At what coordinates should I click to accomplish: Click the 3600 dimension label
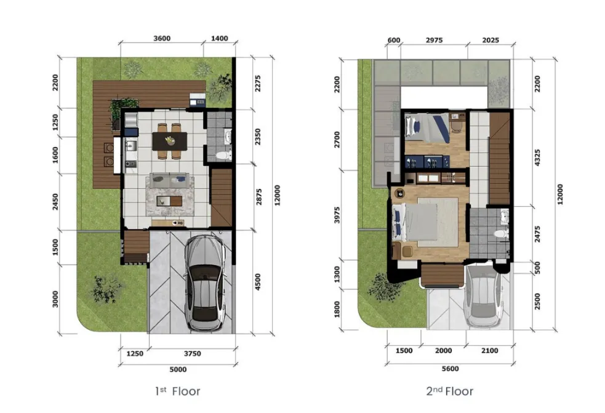(x=161, y=38)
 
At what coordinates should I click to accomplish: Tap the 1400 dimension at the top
(x=219, y=38)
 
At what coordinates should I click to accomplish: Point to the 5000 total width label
(x=178, y=369)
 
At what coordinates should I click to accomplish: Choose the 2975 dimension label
(x=434, y=41)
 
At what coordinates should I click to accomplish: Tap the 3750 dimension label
(x=191, y=353)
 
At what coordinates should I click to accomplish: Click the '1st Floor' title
(x=178, y=391)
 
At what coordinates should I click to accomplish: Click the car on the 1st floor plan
(x=204, y=283)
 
